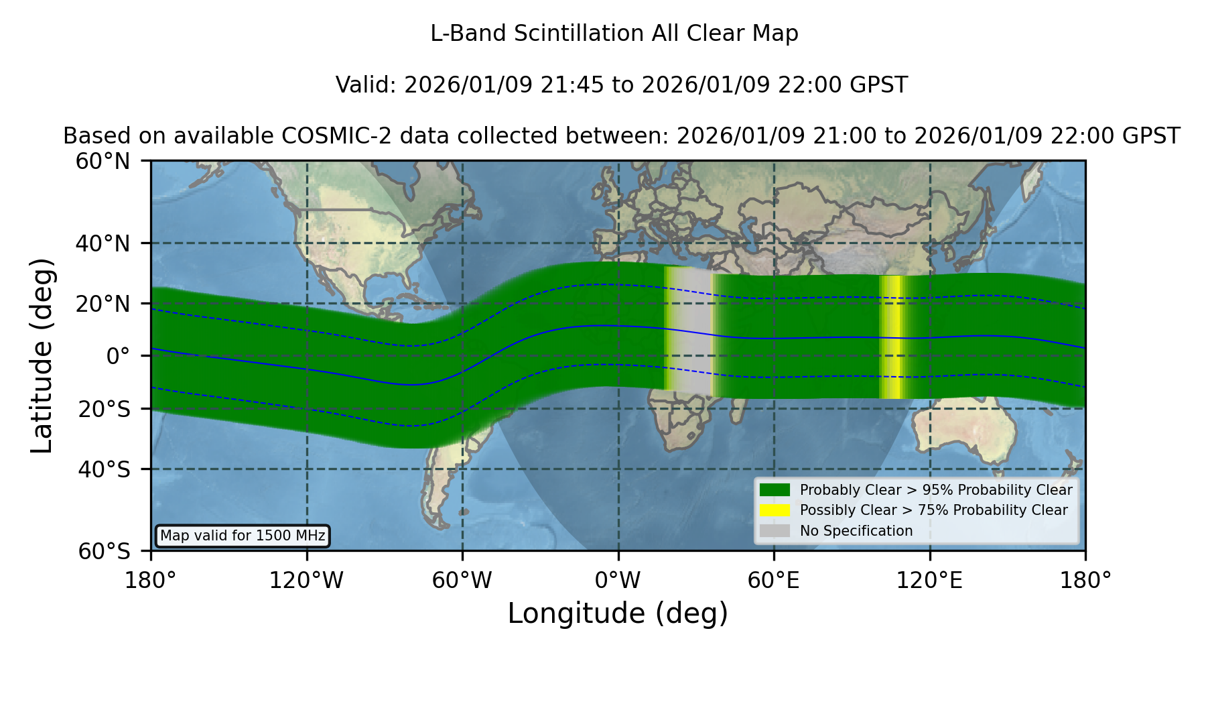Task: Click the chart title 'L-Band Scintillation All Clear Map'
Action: pos(614,34)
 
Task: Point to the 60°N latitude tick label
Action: pos(103,161)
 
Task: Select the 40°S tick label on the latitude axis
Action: pos(104,469)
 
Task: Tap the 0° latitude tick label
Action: pos(118,356)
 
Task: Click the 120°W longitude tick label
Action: pos(306,580)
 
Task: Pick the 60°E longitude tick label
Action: pos(774,580)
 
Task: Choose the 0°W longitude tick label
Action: pos(618,580)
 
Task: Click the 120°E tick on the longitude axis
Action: pos(930,580)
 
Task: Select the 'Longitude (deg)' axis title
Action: pos(618,613)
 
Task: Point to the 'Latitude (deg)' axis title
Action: pos(42,355)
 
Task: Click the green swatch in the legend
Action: pos(775,490)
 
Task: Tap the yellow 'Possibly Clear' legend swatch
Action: pos(775,510)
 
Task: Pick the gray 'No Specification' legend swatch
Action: pos(775,531)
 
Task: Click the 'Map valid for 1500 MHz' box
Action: pos(243,536)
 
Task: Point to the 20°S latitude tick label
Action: pos(104,409)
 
